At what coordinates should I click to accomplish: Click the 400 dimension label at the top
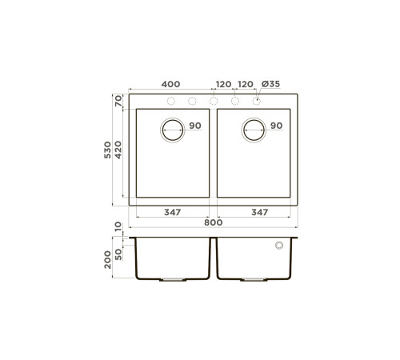[x=170, y=84]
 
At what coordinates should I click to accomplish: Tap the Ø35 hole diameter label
[x=270, y=84]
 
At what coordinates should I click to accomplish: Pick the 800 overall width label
[x=213, y=222]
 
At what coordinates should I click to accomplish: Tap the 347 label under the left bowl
[x=172, y=212]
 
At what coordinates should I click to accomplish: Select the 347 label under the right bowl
[x=258, y=212]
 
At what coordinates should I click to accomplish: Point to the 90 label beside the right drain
[x=276, y=126]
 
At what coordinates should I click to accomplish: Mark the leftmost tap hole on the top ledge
[x=170, y=101]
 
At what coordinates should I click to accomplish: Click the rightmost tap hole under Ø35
[x=257, y=101]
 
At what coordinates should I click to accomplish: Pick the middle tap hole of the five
[x=214, y=101]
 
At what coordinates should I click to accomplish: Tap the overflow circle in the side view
[x=279, y=246]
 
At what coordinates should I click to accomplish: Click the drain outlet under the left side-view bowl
[x=173, y=280]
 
